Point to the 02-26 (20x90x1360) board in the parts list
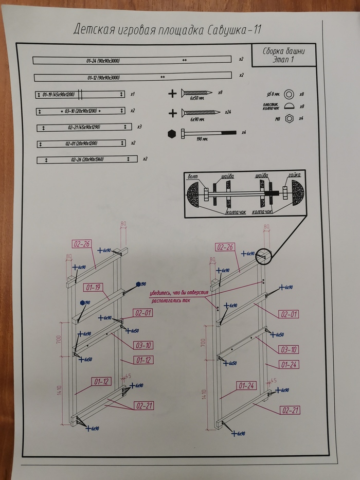[x=88, y=159]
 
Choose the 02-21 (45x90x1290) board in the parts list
[x=82, y=127]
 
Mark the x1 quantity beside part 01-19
[x=132, y=94]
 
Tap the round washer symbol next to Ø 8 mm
[x=290, y=94]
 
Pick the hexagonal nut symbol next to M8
[x=290, y=118]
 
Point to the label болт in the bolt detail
[x=193, y=176]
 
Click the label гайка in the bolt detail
[x=294, y=176]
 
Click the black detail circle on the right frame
[x=263, y=256]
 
